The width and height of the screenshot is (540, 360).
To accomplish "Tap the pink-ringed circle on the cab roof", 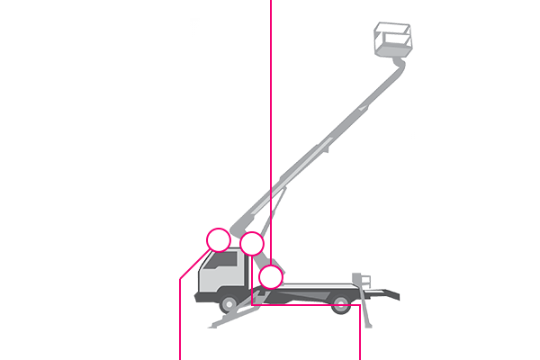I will pyautogui.click(x=219, y=239).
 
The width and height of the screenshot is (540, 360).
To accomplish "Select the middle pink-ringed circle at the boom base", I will pyautogui.click(x=252, y=243).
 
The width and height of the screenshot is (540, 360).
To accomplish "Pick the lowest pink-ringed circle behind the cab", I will pyautogui.click(x=271, y=276).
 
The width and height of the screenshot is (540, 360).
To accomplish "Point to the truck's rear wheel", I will pyautogui.click(x=340, y=304).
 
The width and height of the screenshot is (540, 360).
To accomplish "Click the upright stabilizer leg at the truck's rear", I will pyautogui.click(x=365, y=285).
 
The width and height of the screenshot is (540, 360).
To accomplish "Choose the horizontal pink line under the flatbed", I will pyautogui.click(x=306, y=304).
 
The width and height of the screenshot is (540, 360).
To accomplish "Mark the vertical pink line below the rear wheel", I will pyautogui.click(x=360, y=333).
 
